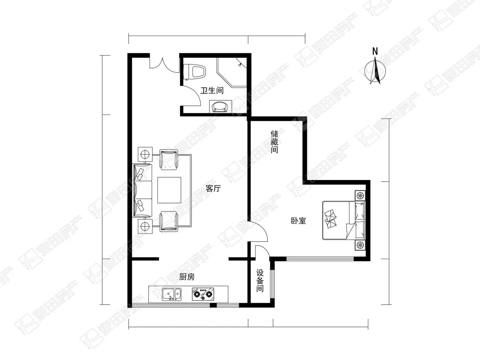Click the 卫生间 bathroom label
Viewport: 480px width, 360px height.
pos(212,90)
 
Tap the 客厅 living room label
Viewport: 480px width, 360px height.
pos(213,188)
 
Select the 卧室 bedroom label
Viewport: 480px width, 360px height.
pos(298,221)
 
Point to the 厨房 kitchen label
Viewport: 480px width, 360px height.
pos(187,277)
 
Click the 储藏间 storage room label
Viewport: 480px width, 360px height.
pos(274,142)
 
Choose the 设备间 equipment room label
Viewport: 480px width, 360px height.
pos(260,280)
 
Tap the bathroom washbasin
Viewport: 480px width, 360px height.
pos(220,107)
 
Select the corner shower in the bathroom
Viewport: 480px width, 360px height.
pos(231,72)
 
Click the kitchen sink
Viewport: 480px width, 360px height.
pos(172,294)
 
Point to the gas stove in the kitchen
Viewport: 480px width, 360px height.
pos(203,294)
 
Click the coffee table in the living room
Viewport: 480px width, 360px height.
pos(169,190)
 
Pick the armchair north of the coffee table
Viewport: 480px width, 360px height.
pos(169,160)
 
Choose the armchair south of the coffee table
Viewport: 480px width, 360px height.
pos(169,221)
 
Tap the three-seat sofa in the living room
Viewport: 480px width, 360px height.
pos(142,190)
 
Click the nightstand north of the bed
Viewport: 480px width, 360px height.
pos(360,195)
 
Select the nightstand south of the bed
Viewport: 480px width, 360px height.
pos(360,245)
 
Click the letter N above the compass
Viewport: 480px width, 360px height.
pos(375,51)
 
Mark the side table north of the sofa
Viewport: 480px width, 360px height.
pos(145,154)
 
